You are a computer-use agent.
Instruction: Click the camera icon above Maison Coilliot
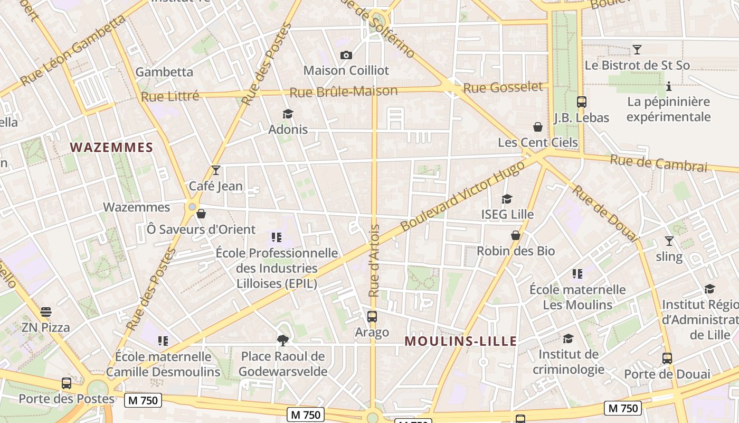pos(346,55)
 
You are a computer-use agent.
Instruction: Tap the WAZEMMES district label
pos(111,148)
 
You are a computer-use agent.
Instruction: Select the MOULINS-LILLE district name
pos(461,341)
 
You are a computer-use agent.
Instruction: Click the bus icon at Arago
pos(372,317)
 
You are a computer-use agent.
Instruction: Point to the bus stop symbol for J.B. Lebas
pos(581,102)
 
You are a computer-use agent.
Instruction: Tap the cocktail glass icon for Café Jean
pos(215,170)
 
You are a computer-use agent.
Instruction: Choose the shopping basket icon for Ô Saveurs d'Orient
pos(201,214)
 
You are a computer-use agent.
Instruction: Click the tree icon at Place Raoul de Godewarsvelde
pos(283,340)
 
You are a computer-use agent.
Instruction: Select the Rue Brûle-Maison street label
pos(344,91)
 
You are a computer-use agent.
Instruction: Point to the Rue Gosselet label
pos(503,87)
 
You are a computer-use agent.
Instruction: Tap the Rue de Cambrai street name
pos(658,163)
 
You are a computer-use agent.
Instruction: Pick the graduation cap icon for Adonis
pos(288,114)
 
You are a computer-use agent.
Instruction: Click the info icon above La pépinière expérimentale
pos(669,86)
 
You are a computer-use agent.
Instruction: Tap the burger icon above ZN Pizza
pos(46,312)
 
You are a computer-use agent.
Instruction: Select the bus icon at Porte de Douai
pos(667,358)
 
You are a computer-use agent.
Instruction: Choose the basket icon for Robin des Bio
pos(516,235)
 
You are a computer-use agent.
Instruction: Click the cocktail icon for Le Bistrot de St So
pos(637,50)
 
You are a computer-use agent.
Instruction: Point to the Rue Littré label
pos(170,96)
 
